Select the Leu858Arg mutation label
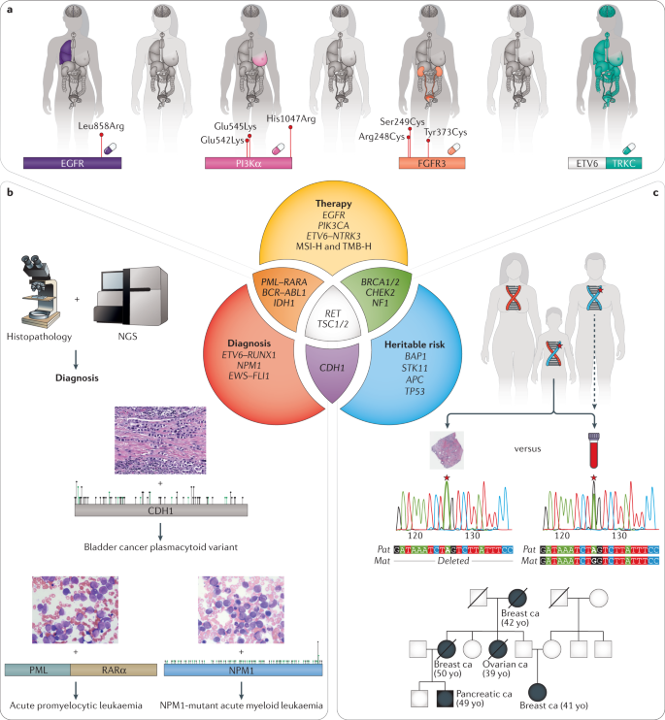103,125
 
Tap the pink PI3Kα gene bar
244,164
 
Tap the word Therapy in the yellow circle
333,205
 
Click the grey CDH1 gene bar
161,508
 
